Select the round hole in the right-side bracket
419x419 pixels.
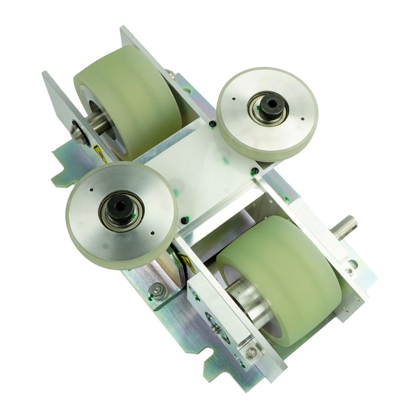pos(353,264)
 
